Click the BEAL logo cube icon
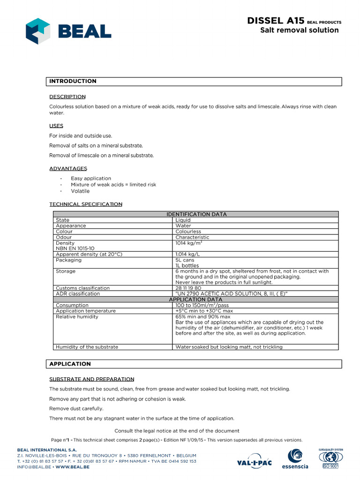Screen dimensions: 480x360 [38, 31]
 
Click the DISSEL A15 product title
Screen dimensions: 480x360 [276, 21]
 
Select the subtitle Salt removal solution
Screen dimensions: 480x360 [299, 30]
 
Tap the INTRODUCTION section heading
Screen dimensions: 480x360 [73, 81]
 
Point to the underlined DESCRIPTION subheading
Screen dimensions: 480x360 [67, 97]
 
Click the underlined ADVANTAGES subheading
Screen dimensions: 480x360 [68, 168]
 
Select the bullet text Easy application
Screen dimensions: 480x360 [91, 178]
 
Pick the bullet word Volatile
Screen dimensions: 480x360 [80, 191]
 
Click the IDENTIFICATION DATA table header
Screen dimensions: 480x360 [196, 214]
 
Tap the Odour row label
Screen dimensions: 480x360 [64, 237]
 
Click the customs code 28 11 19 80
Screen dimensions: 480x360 [188, 288]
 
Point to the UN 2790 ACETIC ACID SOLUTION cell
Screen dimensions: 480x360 [231, 293]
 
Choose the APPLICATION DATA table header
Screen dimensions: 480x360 [196, 299]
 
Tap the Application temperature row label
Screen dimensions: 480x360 [85, 311]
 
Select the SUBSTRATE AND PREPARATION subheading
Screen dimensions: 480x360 [91, 379]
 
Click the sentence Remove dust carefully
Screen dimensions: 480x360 [76, 408]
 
